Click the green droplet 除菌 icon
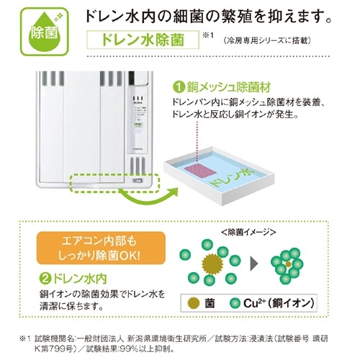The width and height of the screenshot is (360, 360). tap(45, 32)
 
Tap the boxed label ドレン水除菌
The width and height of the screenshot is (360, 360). tap(143, 40)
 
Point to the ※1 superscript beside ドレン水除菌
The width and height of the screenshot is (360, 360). tap(208, 35)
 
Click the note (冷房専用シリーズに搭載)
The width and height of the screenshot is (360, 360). tap(267, 41)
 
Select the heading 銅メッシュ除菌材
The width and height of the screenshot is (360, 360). tap(229, 87)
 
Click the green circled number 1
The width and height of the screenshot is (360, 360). tap(179, 88)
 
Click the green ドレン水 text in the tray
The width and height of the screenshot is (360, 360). tap(232, 177)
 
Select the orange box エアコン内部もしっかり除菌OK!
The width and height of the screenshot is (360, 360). tap(101, 248)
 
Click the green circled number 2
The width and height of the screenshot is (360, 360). tap(45, 279)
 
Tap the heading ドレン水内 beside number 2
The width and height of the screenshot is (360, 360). tap(80, 279)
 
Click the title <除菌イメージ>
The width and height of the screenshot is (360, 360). tap(248, 232)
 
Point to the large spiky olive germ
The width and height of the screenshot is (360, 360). tap(212, 264)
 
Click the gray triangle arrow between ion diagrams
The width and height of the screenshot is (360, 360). tap(254, 264)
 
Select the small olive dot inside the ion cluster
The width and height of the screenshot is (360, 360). tap(289, 264)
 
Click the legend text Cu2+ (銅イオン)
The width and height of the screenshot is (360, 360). tap(279, 303)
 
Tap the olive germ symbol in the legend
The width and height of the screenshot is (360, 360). tap(193, 303)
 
